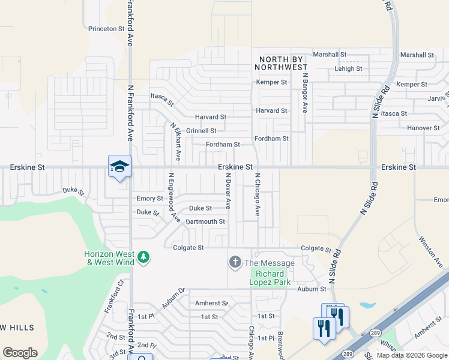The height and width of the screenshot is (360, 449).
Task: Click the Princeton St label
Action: [x=106, y=28]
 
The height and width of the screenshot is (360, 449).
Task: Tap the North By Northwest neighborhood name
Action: [x=283, y=63]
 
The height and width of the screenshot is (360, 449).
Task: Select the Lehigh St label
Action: [x=348, y=69]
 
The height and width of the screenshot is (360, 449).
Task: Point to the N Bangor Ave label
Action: [x=305, y=93]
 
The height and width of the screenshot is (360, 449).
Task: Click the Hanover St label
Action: [x=424, y=128]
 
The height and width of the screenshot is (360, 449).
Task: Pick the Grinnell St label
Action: [x=201, y=130]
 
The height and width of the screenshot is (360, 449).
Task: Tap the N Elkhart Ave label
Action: [x=175, y=142]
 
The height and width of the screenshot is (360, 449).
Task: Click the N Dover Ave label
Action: [x=228, y=191]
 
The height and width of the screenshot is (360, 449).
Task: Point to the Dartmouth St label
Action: [x=205, y=221]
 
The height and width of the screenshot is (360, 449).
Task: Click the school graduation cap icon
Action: [x=119, y=166]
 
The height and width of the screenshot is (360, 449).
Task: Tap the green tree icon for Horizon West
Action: [x=143, y=257]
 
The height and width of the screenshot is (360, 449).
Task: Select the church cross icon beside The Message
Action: [x=234, y=262]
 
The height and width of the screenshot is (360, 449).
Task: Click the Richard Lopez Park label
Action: [x=270, y=278]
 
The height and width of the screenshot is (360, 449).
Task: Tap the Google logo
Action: [x=20, y=353]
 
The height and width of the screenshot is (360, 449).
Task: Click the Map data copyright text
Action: [x=411, y=355]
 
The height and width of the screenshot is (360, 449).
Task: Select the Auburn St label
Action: [x=312, y=289]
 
